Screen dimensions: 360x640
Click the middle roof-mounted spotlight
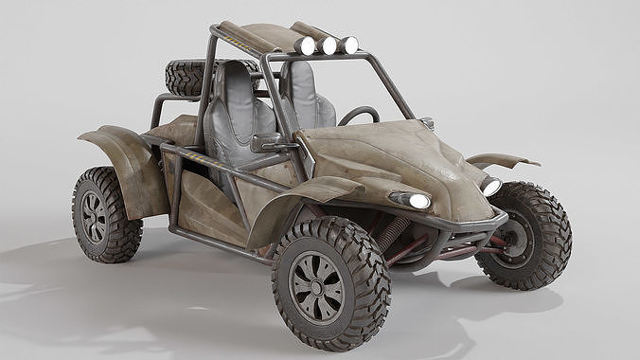(x=329, y=45)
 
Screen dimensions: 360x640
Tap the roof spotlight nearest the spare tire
(x=305, y=45)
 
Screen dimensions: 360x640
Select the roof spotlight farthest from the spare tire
(x=349, y=45)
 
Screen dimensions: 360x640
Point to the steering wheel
(x=358, y=116)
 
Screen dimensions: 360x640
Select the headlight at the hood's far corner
(x=490, y=187)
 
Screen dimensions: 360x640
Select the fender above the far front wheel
(x=502, y=160)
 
